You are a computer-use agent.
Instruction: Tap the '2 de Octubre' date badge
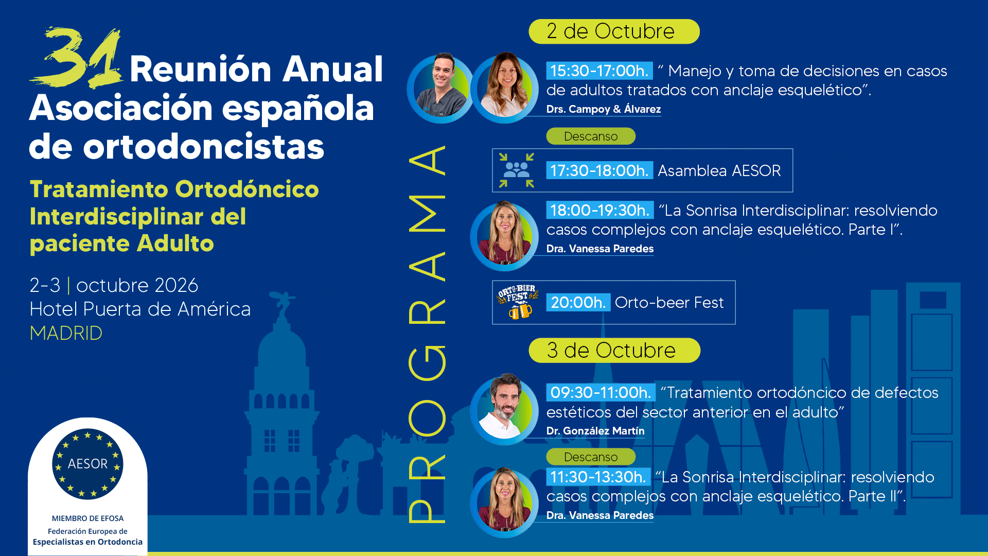point(614,31)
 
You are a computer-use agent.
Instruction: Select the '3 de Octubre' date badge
point(614,351)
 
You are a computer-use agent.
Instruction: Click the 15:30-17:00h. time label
point(599,71)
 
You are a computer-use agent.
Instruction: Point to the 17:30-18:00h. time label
point(599,170)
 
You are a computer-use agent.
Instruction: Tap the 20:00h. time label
point(578,303)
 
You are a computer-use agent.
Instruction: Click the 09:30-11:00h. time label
point(601,392)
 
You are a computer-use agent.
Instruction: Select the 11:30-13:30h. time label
point(598,477)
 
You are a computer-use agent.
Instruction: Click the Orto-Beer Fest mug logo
point(518,302)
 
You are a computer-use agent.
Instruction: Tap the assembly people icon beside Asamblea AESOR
point(517,170)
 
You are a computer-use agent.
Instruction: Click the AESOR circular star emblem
point(87,464)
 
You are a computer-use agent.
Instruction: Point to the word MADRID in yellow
point(66,333)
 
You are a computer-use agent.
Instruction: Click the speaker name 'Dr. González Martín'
point(595,431)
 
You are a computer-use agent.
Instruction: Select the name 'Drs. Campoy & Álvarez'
point(604,109)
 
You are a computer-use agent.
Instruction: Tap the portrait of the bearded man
point(504,409)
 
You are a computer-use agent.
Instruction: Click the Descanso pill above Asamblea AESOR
point(591,136)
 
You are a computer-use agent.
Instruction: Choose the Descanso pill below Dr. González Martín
point(591,457)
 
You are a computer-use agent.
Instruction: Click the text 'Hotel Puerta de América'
point(140,309)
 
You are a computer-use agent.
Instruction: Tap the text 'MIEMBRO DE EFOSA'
point(87,518)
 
